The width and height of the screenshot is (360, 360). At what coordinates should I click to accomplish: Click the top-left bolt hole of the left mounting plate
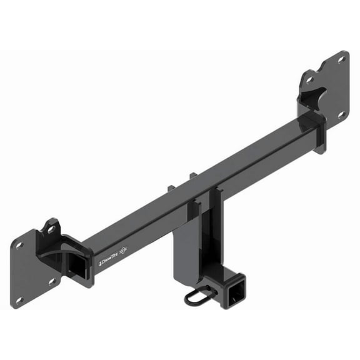tap(19, 245)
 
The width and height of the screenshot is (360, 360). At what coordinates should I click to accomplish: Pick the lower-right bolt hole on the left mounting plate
tap(52, 280)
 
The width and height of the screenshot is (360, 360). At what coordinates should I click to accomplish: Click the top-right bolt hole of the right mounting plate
tap(341, 59)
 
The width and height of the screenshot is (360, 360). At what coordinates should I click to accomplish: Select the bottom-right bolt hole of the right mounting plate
tap(341, 114)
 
